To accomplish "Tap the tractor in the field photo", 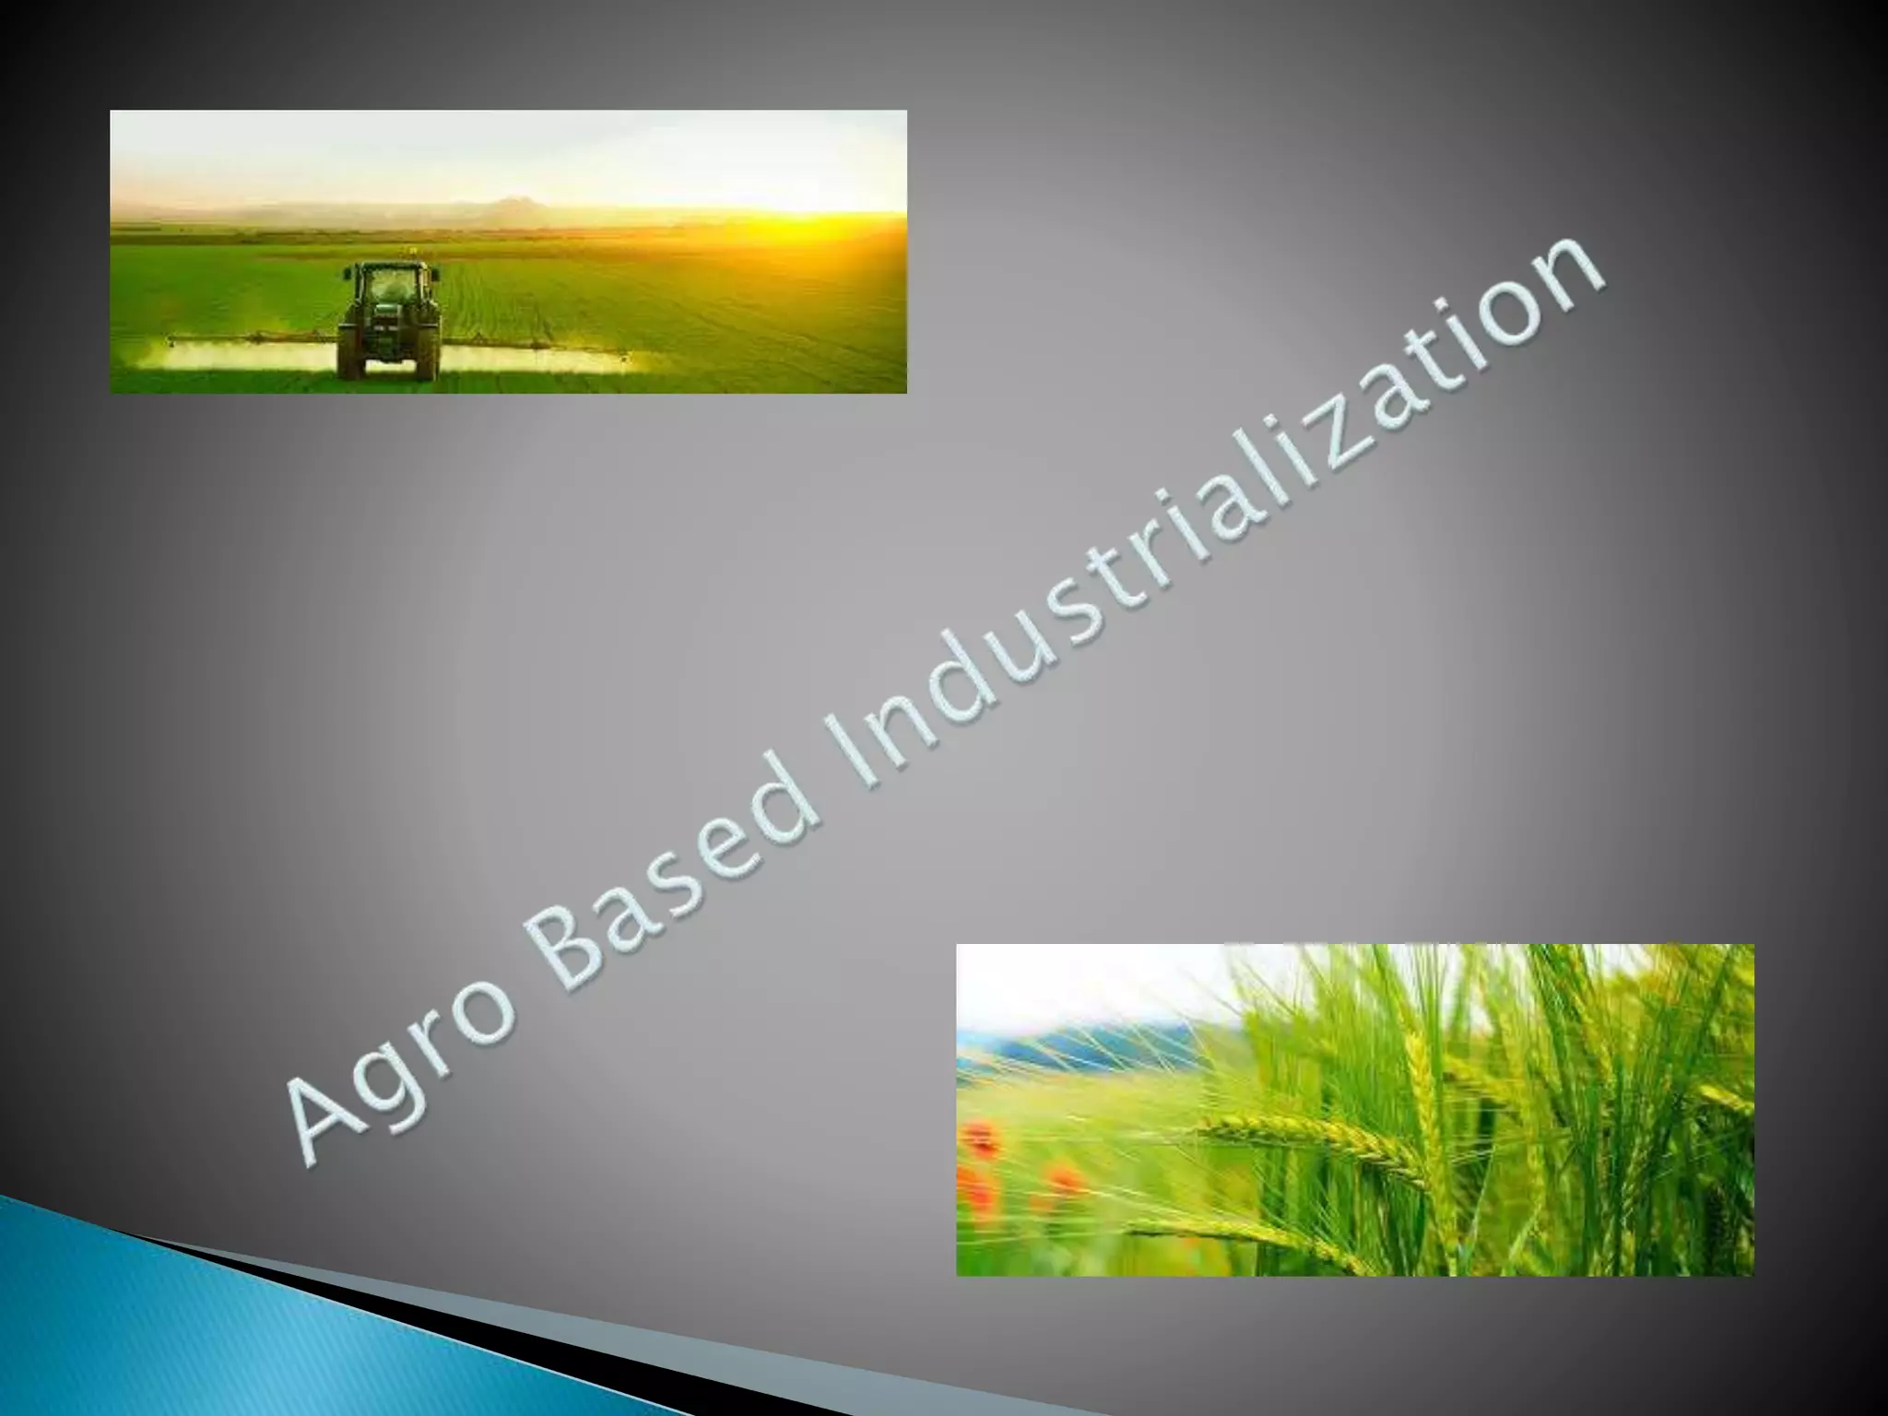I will (389, 319).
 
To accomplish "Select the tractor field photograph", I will (508, 251).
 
